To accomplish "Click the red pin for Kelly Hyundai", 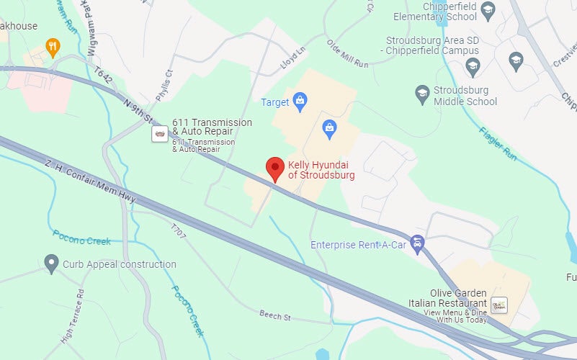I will pos(274,168).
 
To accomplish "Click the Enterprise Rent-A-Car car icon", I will pos(417,244).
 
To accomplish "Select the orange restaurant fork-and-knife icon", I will pos(52,48).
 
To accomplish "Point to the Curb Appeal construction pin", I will pos(51,264).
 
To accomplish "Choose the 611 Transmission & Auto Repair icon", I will pos(160,134).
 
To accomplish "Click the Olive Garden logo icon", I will pos(500,305).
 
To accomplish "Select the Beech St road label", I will pos(275,315).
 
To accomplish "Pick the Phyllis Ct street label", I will pos(165,85).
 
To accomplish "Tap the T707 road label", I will pos(178,232).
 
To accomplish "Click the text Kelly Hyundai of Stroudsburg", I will pos(321,170).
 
